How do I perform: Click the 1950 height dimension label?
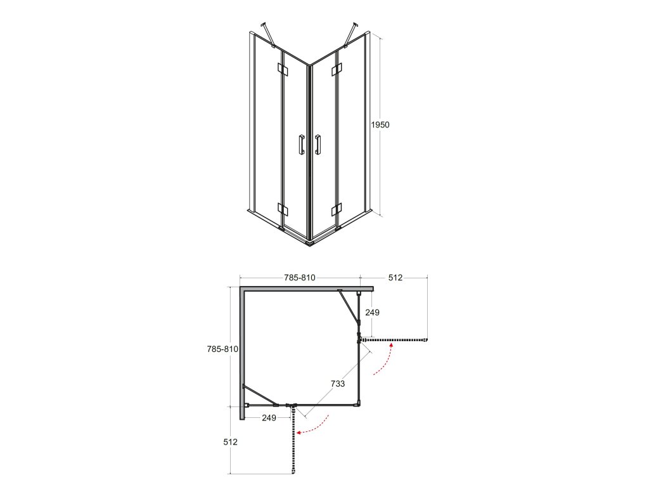pos(380,125)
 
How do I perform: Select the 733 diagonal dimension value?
pos(338,384)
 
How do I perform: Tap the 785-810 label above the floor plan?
pos(300,278)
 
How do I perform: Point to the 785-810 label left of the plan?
pos(222,349)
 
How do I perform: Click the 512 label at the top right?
pos(395,278)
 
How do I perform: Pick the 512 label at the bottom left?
pos(231,442)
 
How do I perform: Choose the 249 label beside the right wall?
pos(372,313)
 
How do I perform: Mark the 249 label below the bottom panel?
pos(269,418)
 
